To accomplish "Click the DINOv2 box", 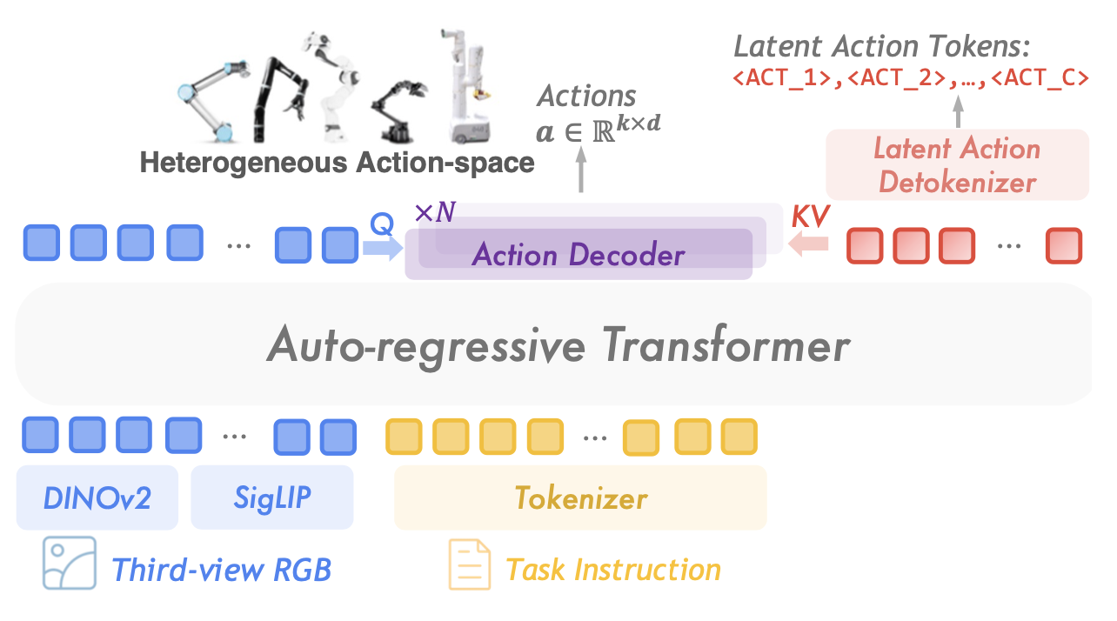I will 97,497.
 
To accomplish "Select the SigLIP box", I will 271,497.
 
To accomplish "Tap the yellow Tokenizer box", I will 580,498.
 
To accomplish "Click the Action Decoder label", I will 578,256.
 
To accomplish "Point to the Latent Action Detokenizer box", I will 957,164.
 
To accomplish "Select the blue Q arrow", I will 382,249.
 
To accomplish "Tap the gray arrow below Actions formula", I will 580,170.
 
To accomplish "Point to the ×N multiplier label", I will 434,212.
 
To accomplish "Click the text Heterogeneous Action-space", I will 337,163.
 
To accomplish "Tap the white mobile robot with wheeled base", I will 468,87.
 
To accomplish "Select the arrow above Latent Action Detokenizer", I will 959,112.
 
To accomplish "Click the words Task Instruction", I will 613,571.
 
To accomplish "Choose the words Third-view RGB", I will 222,571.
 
